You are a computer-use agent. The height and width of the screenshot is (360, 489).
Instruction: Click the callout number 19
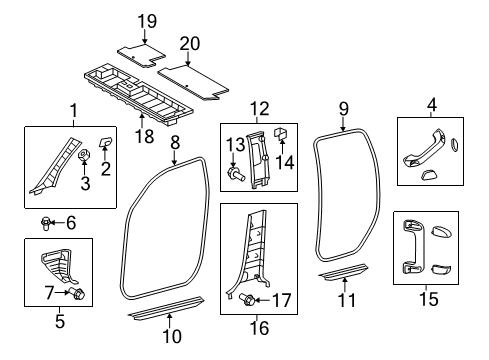pyautogui.click(x=147, y=21)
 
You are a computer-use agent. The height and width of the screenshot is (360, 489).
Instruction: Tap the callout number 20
pyautogui.click(x=190, y=42)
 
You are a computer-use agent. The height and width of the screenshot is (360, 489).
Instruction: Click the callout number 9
pyautogui.click(x=343, y=107)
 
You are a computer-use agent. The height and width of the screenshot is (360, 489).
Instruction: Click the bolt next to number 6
pyautogui.click(x=47, y=222)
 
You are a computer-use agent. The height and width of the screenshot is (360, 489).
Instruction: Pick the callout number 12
pyautogui.click(x=259, y=108)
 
